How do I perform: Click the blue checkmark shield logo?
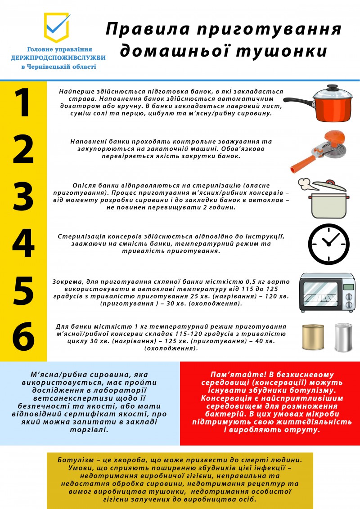click(57, 27)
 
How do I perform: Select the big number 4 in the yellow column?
click(23, 243)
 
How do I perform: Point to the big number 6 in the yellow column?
click(23, 336)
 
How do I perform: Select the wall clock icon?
click(328, 244)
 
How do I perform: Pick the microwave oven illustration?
click(327, 292)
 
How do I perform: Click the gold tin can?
click(313, 337)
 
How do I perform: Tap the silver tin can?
click(343, 337)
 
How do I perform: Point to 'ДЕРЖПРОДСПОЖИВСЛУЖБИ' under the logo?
click(58, 58)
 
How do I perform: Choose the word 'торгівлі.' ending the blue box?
click(89, 429)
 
